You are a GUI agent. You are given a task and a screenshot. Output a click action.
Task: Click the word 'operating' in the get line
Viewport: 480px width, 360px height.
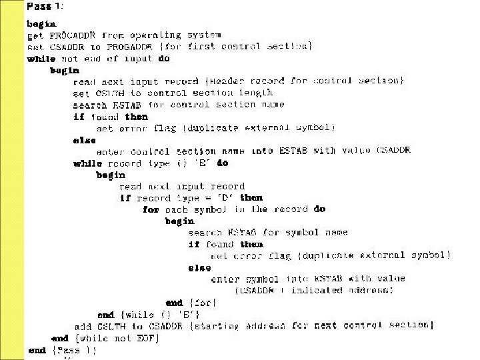[154, 35]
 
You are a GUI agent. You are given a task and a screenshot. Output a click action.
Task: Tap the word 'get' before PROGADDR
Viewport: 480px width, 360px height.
[35, 35]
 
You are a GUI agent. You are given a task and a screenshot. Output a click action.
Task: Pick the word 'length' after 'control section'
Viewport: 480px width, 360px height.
[254, 93]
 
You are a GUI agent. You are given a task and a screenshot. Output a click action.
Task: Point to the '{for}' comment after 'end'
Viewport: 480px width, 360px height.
[204, 303]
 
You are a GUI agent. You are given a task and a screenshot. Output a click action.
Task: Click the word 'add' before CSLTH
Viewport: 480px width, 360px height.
[83, 326]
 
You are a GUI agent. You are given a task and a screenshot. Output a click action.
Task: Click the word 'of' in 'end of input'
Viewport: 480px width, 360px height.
[112, 58]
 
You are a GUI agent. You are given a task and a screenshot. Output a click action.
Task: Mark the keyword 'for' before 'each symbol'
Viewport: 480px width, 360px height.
[151, 209]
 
